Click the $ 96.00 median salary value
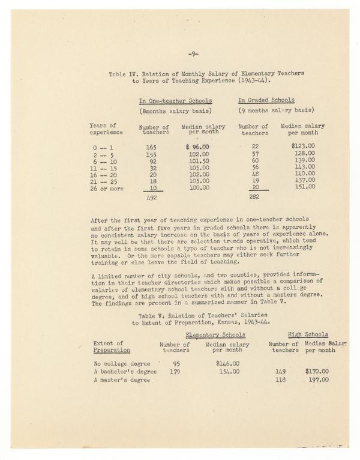point(197,147)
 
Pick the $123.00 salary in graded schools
point(303,146)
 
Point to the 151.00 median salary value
point(304,186)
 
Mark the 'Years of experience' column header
point(106,129)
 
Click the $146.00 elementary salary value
point(227,363)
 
